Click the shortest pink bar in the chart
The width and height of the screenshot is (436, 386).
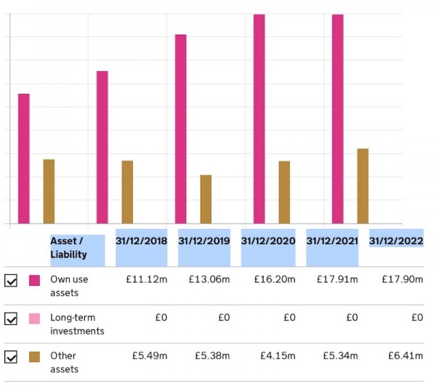pos(24,158)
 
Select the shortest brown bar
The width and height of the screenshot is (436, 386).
pos(206,199)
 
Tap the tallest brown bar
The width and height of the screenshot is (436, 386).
pos(363,186)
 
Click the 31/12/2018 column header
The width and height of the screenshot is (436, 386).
pos(141,241)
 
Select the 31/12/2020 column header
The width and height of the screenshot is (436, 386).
pos(268,241)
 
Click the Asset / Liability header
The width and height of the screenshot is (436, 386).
pos(69,248)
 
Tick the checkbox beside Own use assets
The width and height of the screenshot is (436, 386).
pos(11,280)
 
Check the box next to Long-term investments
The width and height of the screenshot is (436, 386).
pos(11,318)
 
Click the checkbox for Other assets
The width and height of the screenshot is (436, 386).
pos(11,357)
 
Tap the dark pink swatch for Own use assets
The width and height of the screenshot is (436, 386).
pos(34,280)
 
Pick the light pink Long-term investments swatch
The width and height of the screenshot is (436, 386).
pos(34,318)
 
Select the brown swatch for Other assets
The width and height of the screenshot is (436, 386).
pos(34,357)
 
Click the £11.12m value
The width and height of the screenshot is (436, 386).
pos(149,279)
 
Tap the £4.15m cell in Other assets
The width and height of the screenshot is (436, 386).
pos(276,356)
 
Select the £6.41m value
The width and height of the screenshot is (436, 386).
pos(403,356)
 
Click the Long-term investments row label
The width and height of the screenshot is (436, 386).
pos(76,324)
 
